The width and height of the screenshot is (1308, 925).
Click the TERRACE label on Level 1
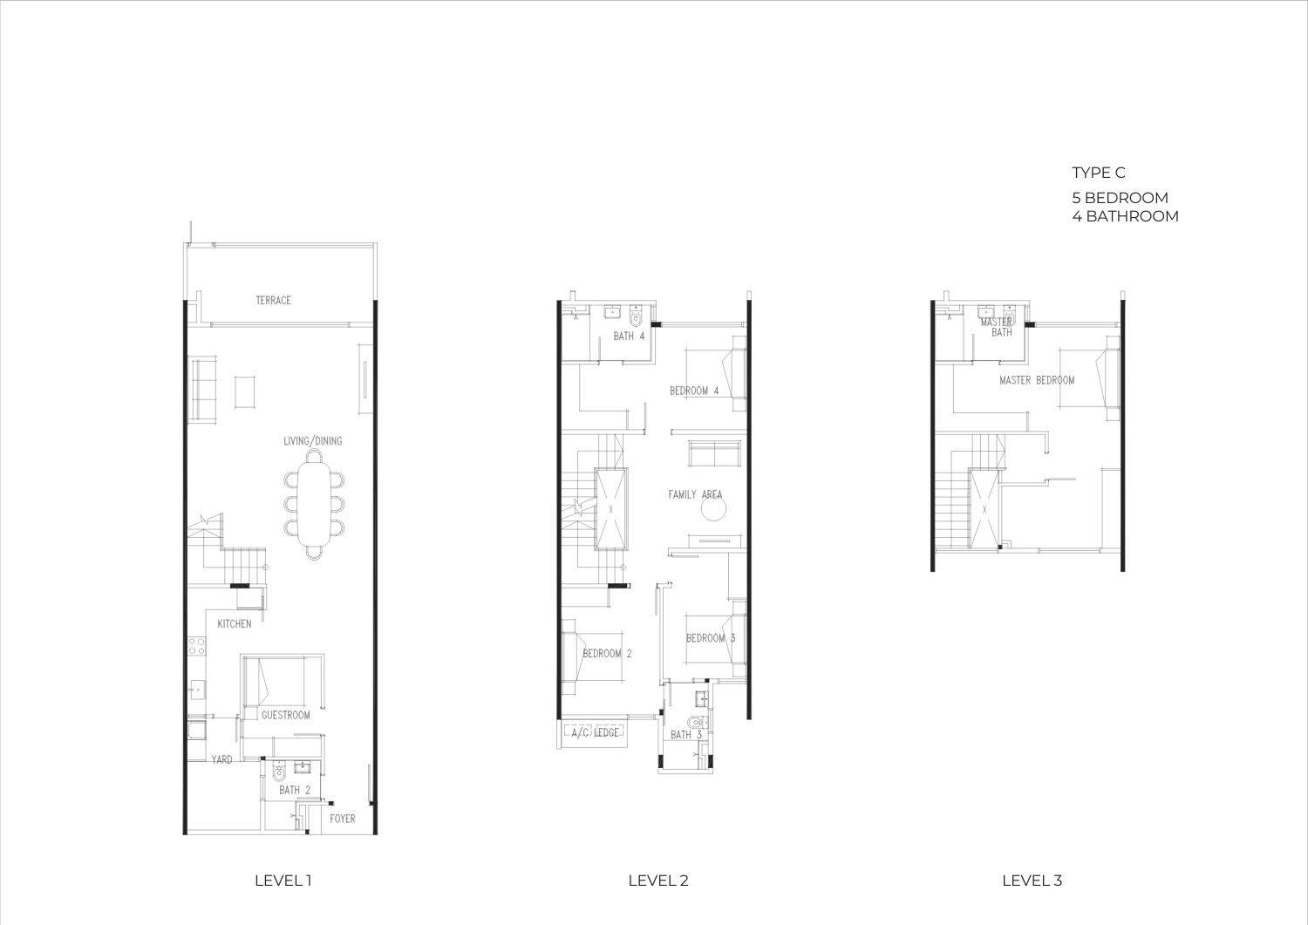(273, 300)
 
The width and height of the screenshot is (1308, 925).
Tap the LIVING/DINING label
(313, 441)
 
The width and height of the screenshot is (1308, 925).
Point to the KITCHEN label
(235, 623)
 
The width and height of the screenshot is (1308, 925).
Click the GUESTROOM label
(285, 715)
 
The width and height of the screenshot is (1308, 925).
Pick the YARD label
(221, 759)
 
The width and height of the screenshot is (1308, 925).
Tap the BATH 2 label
(295, 790)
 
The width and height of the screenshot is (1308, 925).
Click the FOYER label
(342, 819)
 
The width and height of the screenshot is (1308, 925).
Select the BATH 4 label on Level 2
(629, 336)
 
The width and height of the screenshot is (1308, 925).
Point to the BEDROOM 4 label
(694, 391)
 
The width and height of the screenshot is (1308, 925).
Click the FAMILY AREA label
(696, 494)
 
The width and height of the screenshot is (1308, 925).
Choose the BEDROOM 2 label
(607, 654)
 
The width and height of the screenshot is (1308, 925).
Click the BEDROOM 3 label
(711, 638)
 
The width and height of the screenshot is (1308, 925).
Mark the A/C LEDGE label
(595, 732)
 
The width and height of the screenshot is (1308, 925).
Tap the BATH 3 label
(686, 735)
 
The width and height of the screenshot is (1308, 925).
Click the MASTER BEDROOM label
(1037, 380)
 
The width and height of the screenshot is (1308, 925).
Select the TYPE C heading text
(1099, 173)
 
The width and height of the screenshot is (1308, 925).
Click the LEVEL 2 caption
(658, 881)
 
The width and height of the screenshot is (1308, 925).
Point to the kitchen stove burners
(197, 646)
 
